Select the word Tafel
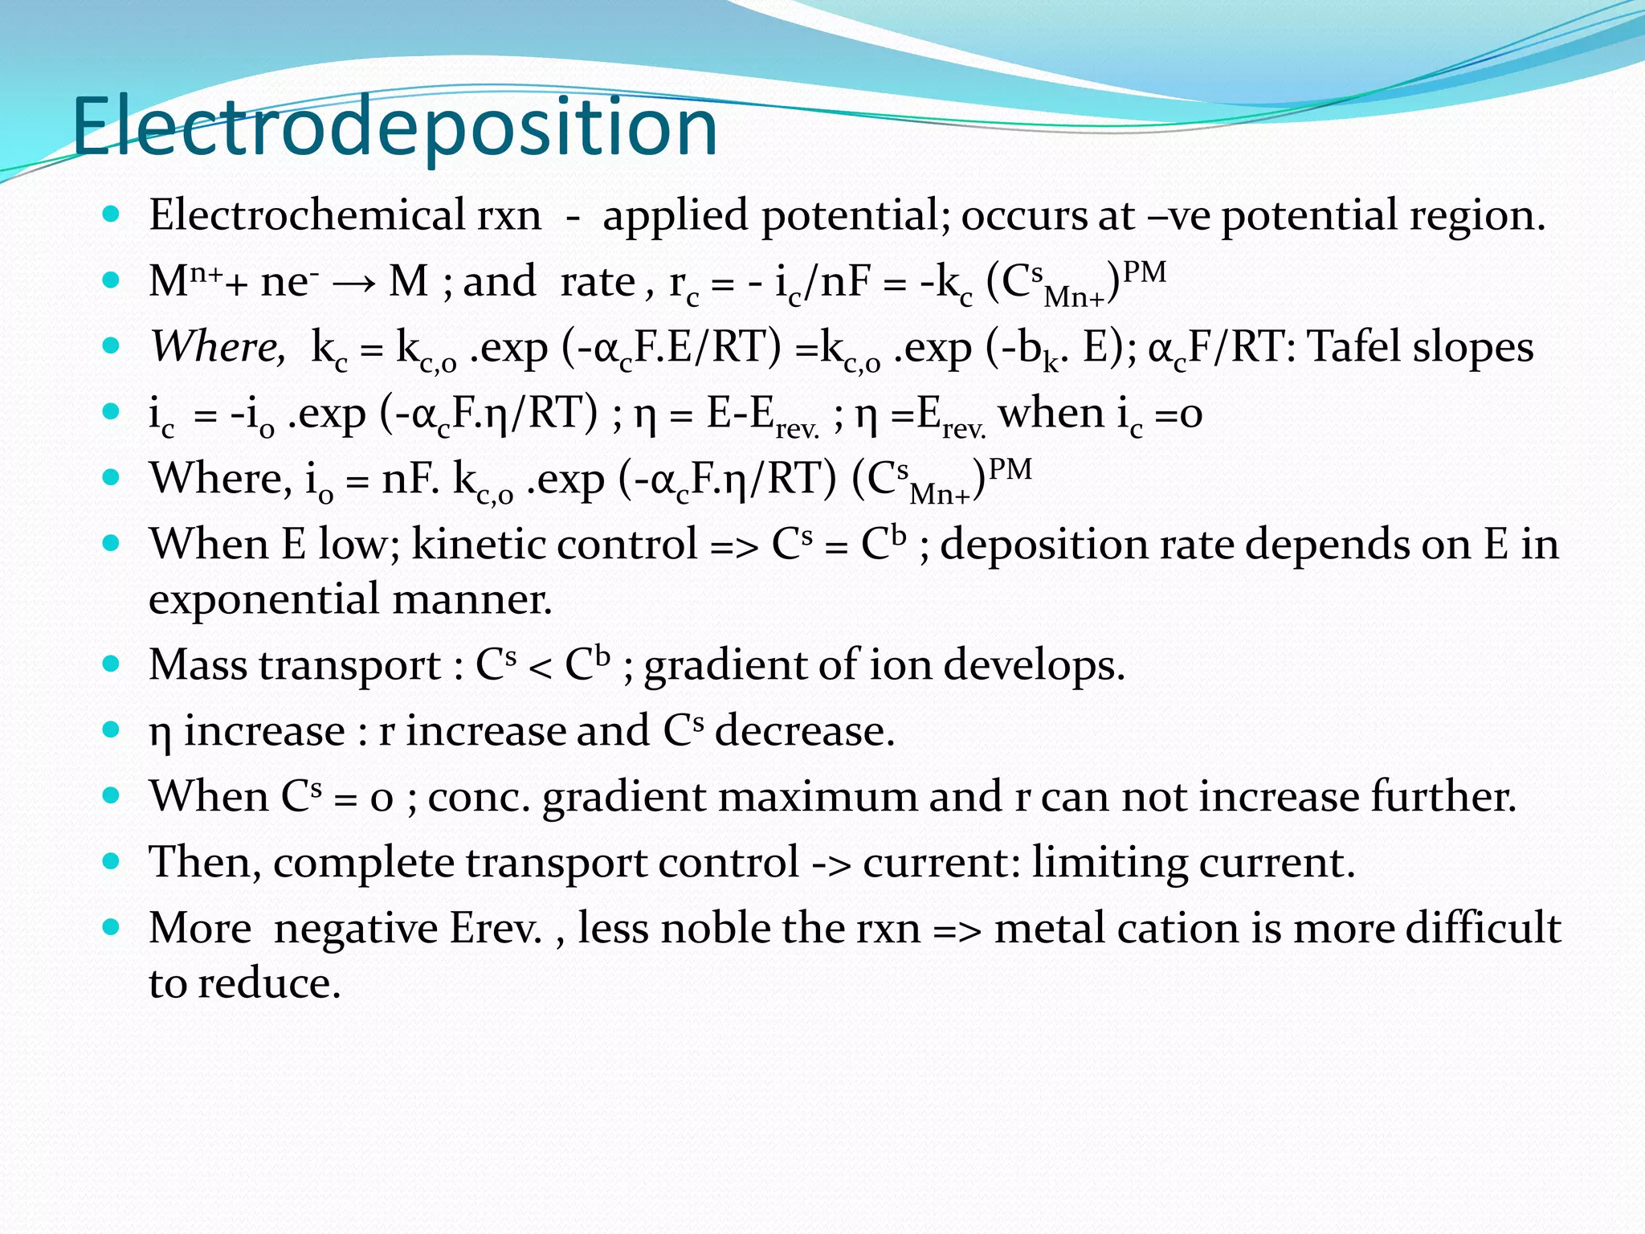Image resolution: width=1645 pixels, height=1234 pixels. (1354, 347)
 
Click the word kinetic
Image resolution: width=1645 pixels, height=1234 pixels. (474, 545)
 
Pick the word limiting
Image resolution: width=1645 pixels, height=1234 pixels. (1109, 863)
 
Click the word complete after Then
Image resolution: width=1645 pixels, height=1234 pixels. (364, 863)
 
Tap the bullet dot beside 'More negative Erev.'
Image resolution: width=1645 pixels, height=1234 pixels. (112, 928)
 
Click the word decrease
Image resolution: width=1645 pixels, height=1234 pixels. (804, 731)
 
